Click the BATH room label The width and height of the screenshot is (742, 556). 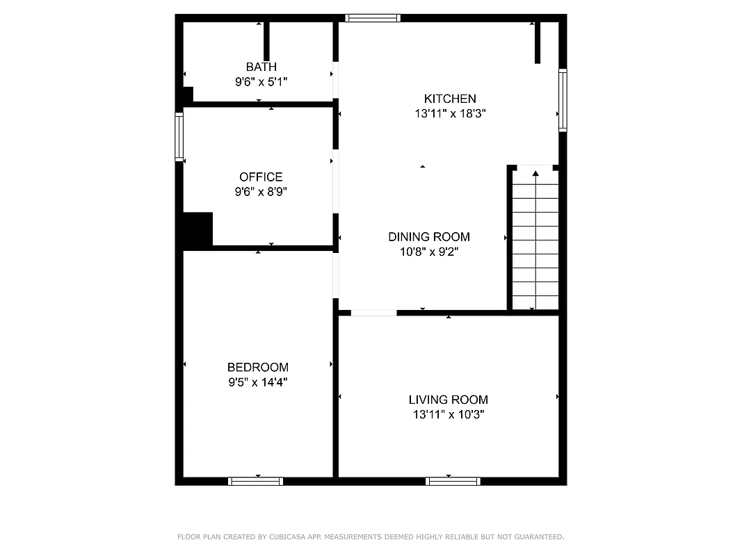[x=261, y=67]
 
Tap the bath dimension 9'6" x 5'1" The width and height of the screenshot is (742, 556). [x=261, y=81]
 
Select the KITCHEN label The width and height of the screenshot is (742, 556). [x=450, y=99]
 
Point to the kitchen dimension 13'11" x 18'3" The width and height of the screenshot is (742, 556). [x=450, y=113]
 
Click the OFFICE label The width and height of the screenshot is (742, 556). [x=261, y=177]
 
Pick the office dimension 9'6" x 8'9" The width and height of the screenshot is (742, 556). [x=261, y=192]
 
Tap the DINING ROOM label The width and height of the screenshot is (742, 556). [x=428, y=237]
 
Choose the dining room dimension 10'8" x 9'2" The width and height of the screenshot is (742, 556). [x=428, y=252]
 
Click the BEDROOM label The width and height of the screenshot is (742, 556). [x=257, y=367]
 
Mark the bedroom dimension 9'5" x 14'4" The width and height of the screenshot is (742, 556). [x=257, y=382]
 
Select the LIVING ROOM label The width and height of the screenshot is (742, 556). [x=448, y=400]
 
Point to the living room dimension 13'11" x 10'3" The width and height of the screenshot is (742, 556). [x=448, y=414]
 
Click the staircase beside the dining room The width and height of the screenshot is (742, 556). [x=535, y=240]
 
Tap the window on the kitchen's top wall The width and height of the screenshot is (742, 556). [x=373, y=18]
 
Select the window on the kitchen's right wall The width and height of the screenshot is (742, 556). [x=563, y=100]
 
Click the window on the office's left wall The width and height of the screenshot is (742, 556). [x=179, y=137]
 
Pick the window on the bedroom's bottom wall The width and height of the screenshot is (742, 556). [x=256, y=481]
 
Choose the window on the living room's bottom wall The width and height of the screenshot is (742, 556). [x=453, y=481]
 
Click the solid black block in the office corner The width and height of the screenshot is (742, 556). [x=197, y=229]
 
